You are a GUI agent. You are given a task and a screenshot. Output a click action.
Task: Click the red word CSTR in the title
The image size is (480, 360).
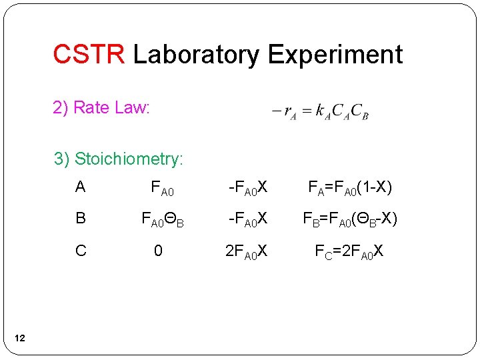[88, 54]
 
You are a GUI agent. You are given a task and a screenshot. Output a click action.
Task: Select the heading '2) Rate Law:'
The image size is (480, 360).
[101, 107]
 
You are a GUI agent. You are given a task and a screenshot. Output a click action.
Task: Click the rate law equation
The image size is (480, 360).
[320, 111]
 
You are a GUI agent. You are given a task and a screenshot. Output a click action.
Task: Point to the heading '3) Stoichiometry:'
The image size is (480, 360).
[119, 159]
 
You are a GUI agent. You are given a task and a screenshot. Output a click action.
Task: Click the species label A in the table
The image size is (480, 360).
[81, 187]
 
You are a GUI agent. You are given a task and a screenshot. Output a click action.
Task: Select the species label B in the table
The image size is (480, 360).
[81, 219]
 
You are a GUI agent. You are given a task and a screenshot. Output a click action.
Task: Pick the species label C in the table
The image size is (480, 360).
[81, 251]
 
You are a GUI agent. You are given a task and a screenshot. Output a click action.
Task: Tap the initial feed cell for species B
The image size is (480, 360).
[161, 220]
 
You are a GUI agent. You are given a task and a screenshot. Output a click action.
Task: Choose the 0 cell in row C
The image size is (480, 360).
[157, 251]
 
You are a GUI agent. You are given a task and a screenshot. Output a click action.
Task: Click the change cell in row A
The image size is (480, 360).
[247, 189]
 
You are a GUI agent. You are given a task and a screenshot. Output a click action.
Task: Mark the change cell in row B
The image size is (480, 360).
[247, 220]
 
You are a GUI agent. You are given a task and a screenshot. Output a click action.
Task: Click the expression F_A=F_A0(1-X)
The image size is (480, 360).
[349, 189]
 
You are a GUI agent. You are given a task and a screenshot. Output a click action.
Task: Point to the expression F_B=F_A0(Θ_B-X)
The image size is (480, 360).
[352, 220]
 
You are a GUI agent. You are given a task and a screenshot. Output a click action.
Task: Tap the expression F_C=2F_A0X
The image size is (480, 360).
[349, 252]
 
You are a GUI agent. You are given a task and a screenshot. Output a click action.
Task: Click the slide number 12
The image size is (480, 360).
[19, 339]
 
